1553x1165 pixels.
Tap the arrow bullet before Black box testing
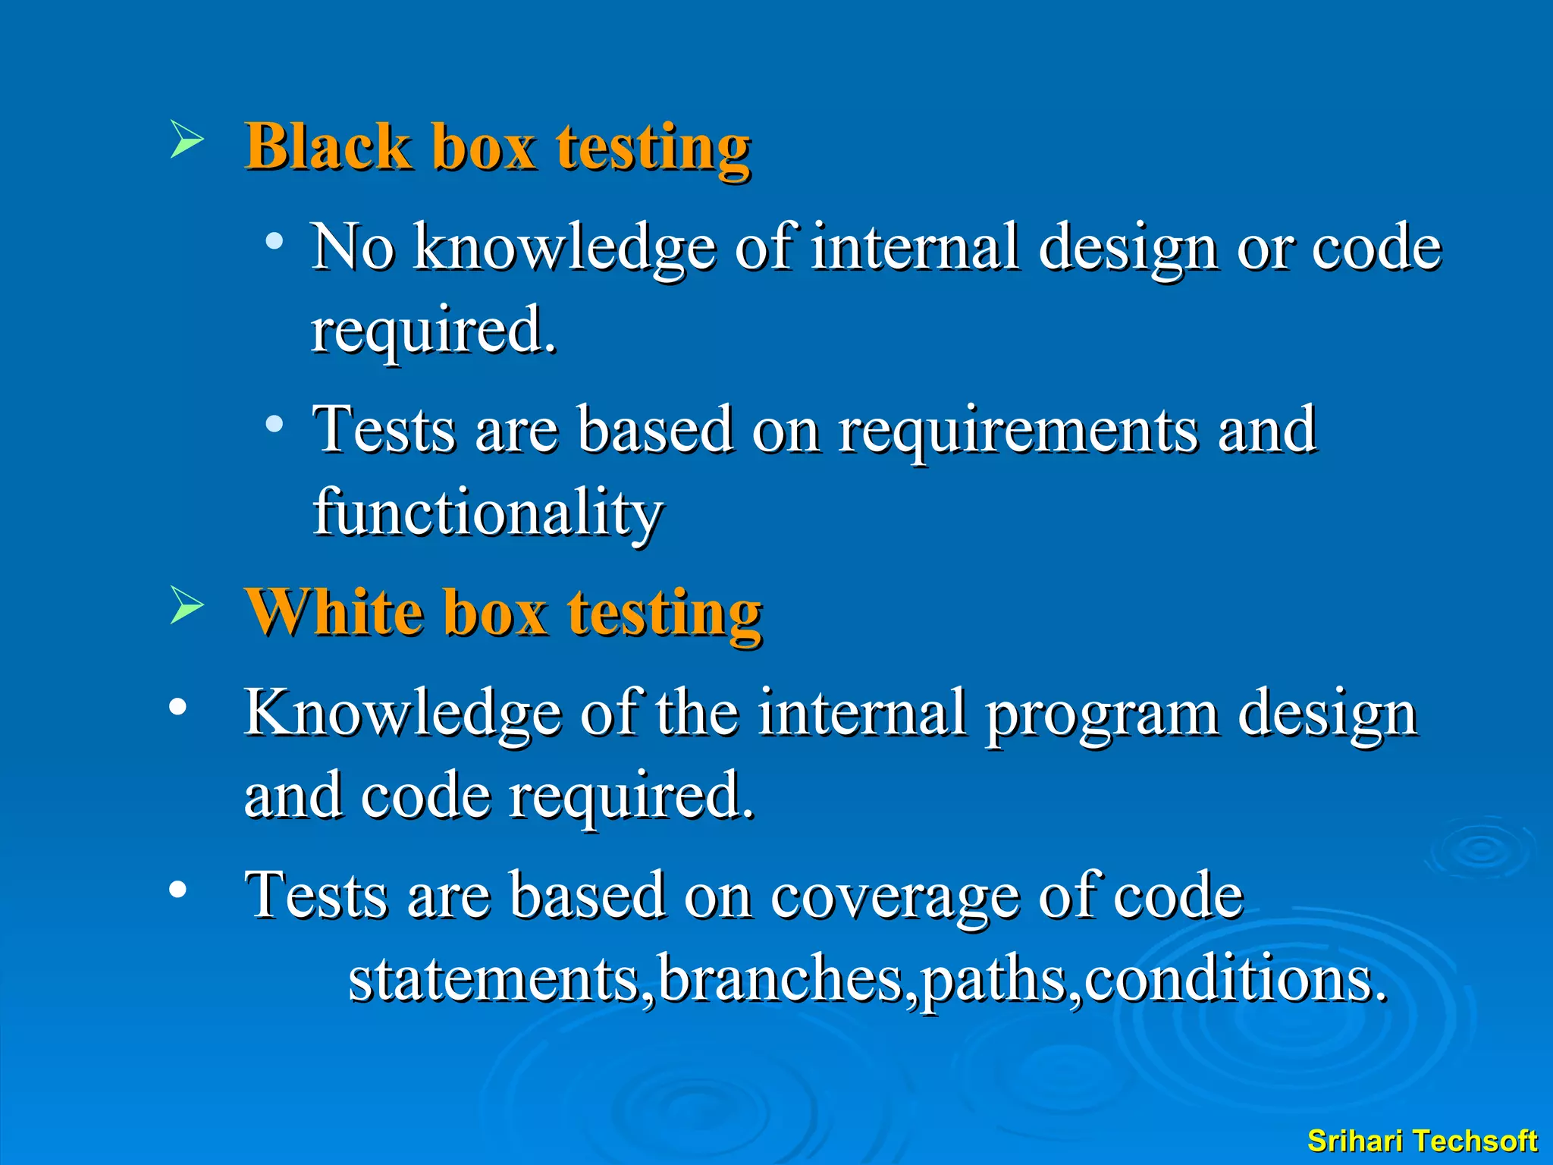point(187,139)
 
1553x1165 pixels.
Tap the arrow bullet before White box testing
point(187,604)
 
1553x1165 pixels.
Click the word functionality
point(488,513)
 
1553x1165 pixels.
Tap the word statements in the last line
point(494,979)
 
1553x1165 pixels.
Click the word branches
point(781,979)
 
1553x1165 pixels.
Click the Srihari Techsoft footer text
point(1422,1141)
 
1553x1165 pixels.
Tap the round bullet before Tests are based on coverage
point(177,889)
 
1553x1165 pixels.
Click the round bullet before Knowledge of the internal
point(177,707)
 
